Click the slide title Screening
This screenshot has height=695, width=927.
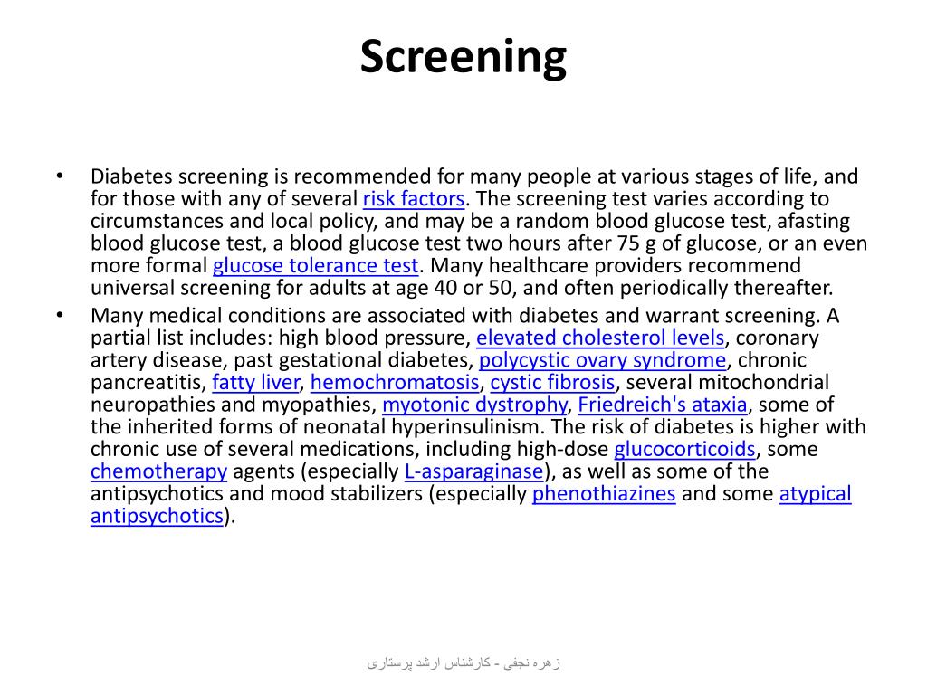463,57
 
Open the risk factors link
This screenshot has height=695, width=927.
414,199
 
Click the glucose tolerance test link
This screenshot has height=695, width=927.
316,266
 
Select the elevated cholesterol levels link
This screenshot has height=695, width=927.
600,338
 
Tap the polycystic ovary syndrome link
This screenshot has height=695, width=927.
602,360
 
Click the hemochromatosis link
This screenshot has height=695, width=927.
394,383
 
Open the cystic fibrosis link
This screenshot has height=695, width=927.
552,383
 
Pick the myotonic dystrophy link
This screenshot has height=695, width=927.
474,405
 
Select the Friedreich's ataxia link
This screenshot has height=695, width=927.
663,405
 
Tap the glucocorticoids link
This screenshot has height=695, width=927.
684,450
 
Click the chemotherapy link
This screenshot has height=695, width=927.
158,471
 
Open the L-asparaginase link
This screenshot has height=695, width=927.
474,471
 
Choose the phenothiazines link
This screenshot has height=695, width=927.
604,494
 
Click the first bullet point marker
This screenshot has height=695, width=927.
60,176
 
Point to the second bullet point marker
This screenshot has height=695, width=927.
60,316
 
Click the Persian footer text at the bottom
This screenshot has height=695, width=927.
463,663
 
